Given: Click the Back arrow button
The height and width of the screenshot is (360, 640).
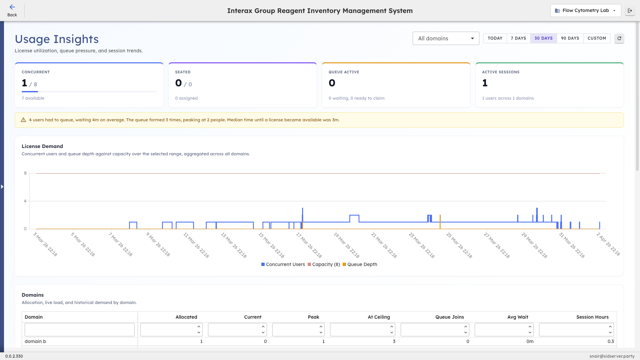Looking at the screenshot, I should pos(12,10).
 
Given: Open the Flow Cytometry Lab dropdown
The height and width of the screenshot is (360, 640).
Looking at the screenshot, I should pos(585,11).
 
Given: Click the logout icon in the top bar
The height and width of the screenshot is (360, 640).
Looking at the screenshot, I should pos(630,11).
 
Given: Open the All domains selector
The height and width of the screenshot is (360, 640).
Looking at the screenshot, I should pos(446,38).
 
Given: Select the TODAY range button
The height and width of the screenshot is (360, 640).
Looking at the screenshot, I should pos(495,38).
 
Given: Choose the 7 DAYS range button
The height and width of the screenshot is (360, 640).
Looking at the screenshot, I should pos(518,38).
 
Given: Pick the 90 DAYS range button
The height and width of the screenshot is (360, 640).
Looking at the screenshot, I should pos(570,38).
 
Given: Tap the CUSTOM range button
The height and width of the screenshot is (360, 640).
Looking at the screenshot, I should pos(597,38).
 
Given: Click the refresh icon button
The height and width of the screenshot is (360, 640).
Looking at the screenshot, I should pos(619,38).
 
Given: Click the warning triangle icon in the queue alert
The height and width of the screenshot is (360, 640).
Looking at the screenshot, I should pos(23,120).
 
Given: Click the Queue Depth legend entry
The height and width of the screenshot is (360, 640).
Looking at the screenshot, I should pos(360,264).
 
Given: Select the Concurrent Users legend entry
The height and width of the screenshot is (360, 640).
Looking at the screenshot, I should pos(283,264).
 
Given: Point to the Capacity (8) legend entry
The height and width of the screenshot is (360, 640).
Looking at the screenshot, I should pos(324,264).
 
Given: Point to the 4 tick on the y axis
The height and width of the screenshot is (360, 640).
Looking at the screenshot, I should pos(25,201).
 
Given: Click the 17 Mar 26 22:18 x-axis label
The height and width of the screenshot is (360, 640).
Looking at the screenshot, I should pos(309,245).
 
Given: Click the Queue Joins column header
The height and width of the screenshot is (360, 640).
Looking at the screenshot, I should pos(449,317).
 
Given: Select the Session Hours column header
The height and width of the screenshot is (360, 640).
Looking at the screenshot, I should pos(592,317).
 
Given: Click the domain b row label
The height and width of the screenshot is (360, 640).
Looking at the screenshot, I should pos(35,341).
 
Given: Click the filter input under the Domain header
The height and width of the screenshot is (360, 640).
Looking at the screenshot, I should pos(80,330).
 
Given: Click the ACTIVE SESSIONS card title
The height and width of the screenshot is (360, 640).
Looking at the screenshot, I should pos(501,72).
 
